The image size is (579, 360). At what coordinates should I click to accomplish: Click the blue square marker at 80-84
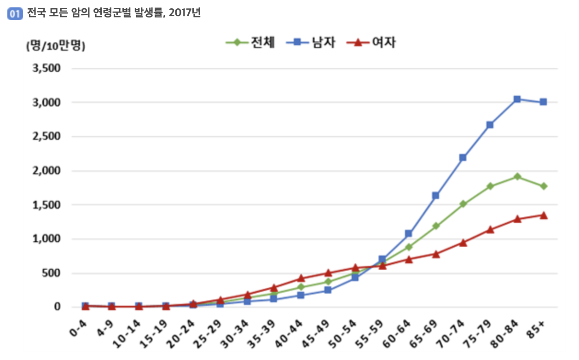tap(517, 99)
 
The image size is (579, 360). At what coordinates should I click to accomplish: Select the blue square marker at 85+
tap(543, 102)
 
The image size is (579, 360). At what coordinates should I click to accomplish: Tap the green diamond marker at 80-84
tap(517, 176)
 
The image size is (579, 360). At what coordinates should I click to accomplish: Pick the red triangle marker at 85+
tap(543, 215)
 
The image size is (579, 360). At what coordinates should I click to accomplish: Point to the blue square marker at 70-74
tap(463, 157)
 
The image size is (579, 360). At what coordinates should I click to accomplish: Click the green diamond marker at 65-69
tap(435, 226)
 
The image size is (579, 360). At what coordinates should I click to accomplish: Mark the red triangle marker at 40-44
tap(301, 278)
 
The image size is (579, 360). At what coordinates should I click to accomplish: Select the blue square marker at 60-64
tap(408, 234)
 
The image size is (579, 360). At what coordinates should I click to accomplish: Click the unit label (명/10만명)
tap(56, 46)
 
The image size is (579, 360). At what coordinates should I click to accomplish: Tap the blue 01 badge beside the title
tap(15, 13)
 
